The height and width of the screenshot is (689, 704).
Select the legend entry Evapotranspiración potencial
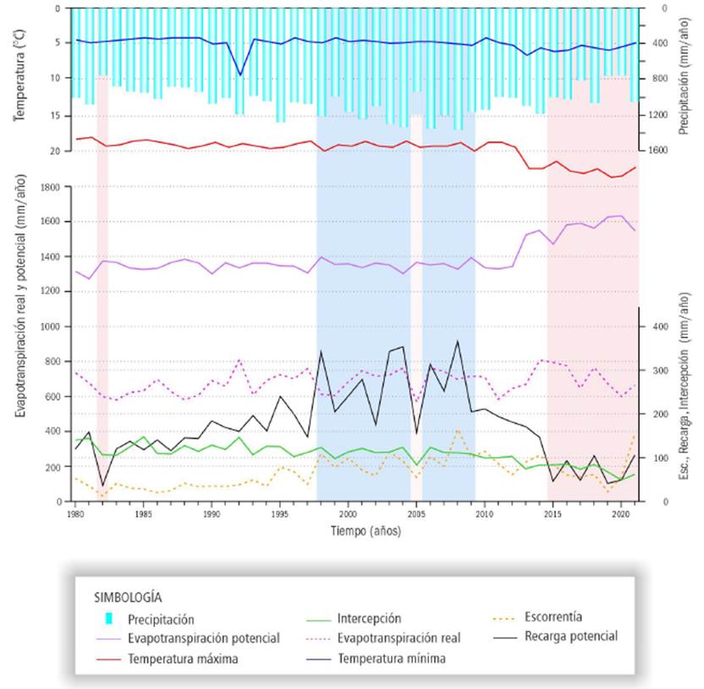point(203,637)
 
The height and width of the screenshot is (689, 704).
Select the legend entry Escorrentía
point(553,616)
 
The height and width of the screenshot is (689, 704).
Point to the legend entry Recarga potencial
point(570,636)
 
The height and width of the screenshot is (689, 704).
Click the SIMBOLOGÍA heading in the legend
point(128,596)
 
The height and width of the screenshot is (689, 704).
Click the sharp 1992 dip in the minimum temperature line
point(240,75)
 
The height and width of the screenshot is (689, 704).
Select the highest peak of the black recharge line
point(458,342)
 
